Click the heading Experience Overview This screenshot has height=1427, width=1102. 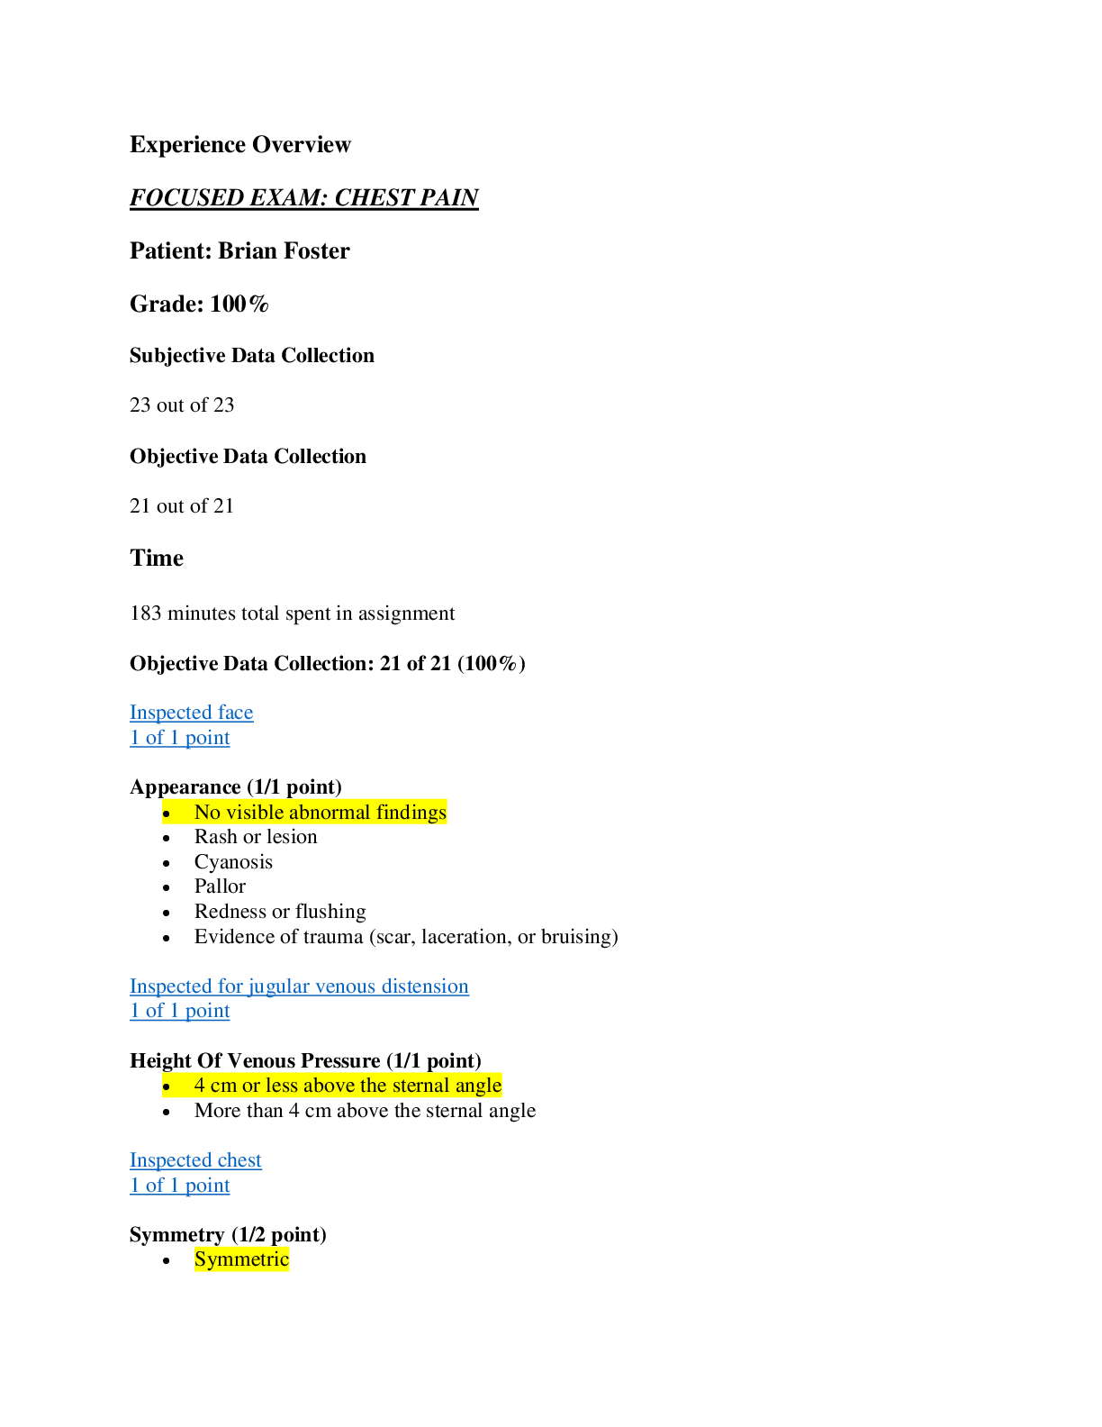tap(239, 145)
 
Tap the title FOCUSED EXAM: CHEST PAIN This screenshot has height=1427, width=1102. tap(303, 197)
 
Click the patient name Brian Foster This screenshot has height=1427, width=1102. tap(284, 250)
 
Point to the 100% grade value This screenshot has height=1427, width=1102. tap(239, 304)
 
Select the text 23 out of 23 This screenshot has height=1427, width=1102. tap(182, 405)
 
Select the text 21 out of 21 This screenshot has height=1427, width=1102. tap(182, 506)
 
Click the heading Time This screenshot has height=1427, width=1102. tap(157, 559)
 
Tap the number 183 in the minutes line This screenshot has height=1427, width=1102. tap(146, 614)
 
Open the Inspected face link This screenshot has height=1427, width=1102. tap(191, 713)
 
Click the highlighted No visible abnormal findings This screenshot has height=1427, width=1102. tap(320, 813)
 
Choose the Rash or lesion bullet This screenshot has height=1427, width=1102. tap(256, 837)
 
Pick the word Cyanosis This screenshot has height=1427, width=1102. tap(233, 862)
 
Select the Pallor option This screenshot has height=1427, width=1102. tap(220, 886)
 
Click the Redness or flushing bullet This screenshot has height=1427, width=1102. tap(280, 912)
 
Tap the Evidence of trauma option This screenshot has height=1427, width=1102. tap(405, 937)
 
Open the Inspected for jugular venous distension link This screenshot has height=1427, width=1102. tap(299, 986)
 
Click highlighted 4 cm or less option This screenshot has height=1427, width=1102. tap(348, 1086)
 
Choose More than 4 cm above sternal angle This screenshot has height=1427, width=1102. tap(365, 1111)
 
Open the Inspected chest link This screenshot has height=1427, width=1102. tap(195, 1160)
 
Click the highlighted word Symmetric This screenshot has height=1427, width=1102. tap(241, 1259)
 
